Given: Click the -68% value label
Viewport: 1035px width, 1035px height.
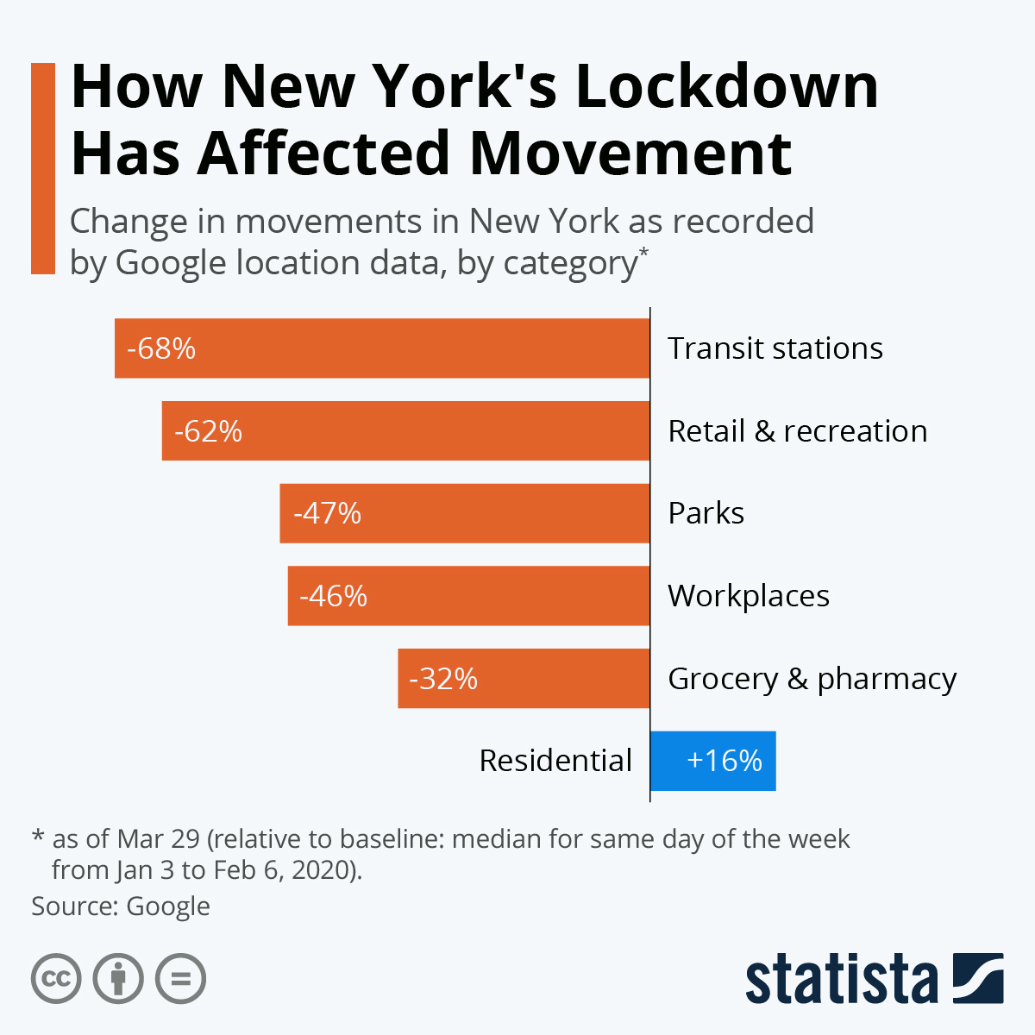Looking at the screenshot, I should (x=161, y=348).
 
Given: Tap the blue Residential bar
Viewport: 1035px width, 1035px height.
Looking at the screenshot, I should (x=712, y=761).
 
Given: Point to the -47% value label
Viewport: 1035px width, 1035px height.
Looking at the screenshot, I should (x=327, y=513).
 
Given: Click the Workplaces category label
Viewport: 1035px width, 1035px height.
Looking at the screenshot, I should (x=749, y=596).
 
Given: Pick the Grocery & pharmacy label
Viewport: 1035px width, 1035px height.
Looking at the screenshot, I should (x=812, y=679).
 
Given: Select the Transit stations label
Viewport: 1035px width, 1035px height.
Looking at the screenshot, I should (x=775, y=348).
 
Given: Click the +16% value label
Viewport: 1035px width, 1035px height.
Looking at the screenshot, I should (x=724, y=761).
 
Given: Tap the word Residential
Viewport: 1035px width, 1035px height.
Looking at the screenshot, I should (x=555, y=761).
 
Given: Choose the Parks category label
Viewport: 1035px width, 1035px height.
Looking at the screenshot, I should (x=706, y=513).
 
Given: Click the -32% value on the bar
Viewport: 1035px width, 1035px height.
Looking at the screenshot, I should (x=443, y=679).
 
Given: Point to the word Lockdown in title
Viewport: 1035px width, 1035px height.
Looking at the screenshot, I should (x=726, y=86).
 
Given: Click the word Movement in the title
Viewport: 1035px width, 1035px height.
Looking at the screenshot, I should (x=630, y=154).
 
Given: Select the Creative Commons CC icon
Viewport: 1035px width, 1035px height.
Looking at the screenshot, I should (x=56, y=979).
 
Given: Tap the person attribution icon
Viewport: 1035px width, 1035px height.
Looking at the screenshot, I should (x=118, y=979).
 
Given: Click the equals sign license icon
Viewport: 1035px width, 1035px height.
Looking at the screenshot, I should (x=181, y=979).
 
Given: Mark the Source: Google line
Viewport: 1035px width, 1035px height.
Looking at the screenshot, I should (x=121, y=906).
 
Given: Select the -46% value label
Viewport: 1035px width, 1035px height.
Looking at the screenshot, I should (x=333, y=596).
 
